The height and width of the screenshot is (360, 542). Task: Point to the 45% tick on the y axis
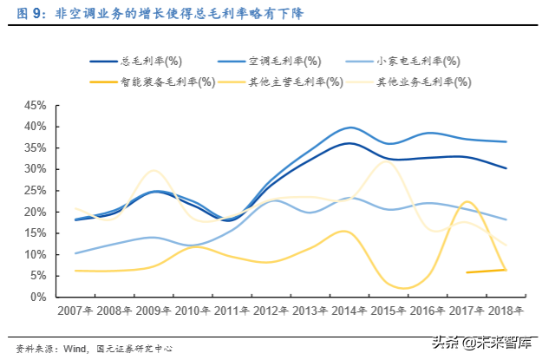(x=35, y=105)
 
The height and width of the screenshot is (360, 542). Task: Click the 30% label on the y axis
(x=35, y=169)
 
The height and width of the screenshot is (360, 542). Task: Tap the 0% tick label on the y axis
(x=38, y=298)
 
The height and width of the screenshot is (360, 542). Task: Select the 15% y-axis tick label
(x=35, y=233)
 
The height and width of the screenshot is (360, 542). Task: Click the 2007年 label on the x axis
(x=76, y=311)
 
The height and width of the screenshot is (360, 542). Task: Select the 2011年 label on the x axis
(x=232, y=311)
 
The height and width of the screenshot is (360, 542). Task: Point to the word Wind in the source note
(x=75, y=349)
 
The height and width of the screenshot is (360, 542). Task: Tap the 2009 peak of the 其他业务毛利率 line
(x=153, y=170)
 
